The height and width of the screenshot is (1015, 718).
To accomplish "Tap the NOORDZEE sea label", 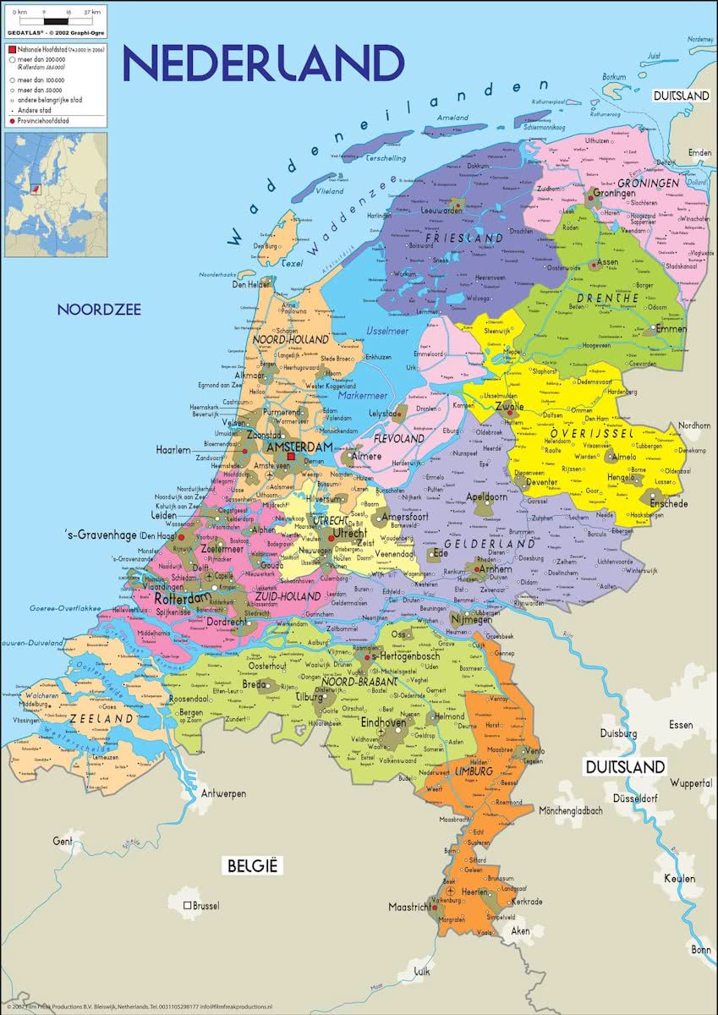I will click(99, 310).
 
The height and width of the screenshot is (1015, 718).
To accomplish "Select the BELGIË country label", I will click(251, 865).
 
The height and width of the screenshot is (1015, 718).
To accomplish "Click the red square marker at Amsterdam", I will click(290, 456).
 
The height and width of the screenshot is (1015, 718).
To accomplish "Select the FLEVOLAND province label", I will click(398, 440).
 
